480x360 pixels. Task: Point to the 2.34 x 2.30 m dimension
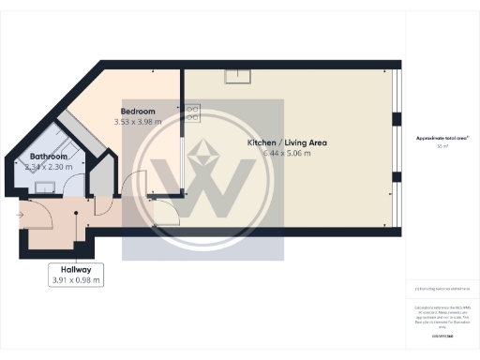[47, 167]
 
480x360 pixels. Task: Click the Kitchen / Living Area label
[286, 142]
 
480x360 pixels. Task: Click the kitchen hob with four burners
[193, 113]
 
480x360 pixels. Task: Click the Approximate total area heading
[442, 138]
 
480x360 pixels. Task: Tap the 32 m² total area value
[442, 147]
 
